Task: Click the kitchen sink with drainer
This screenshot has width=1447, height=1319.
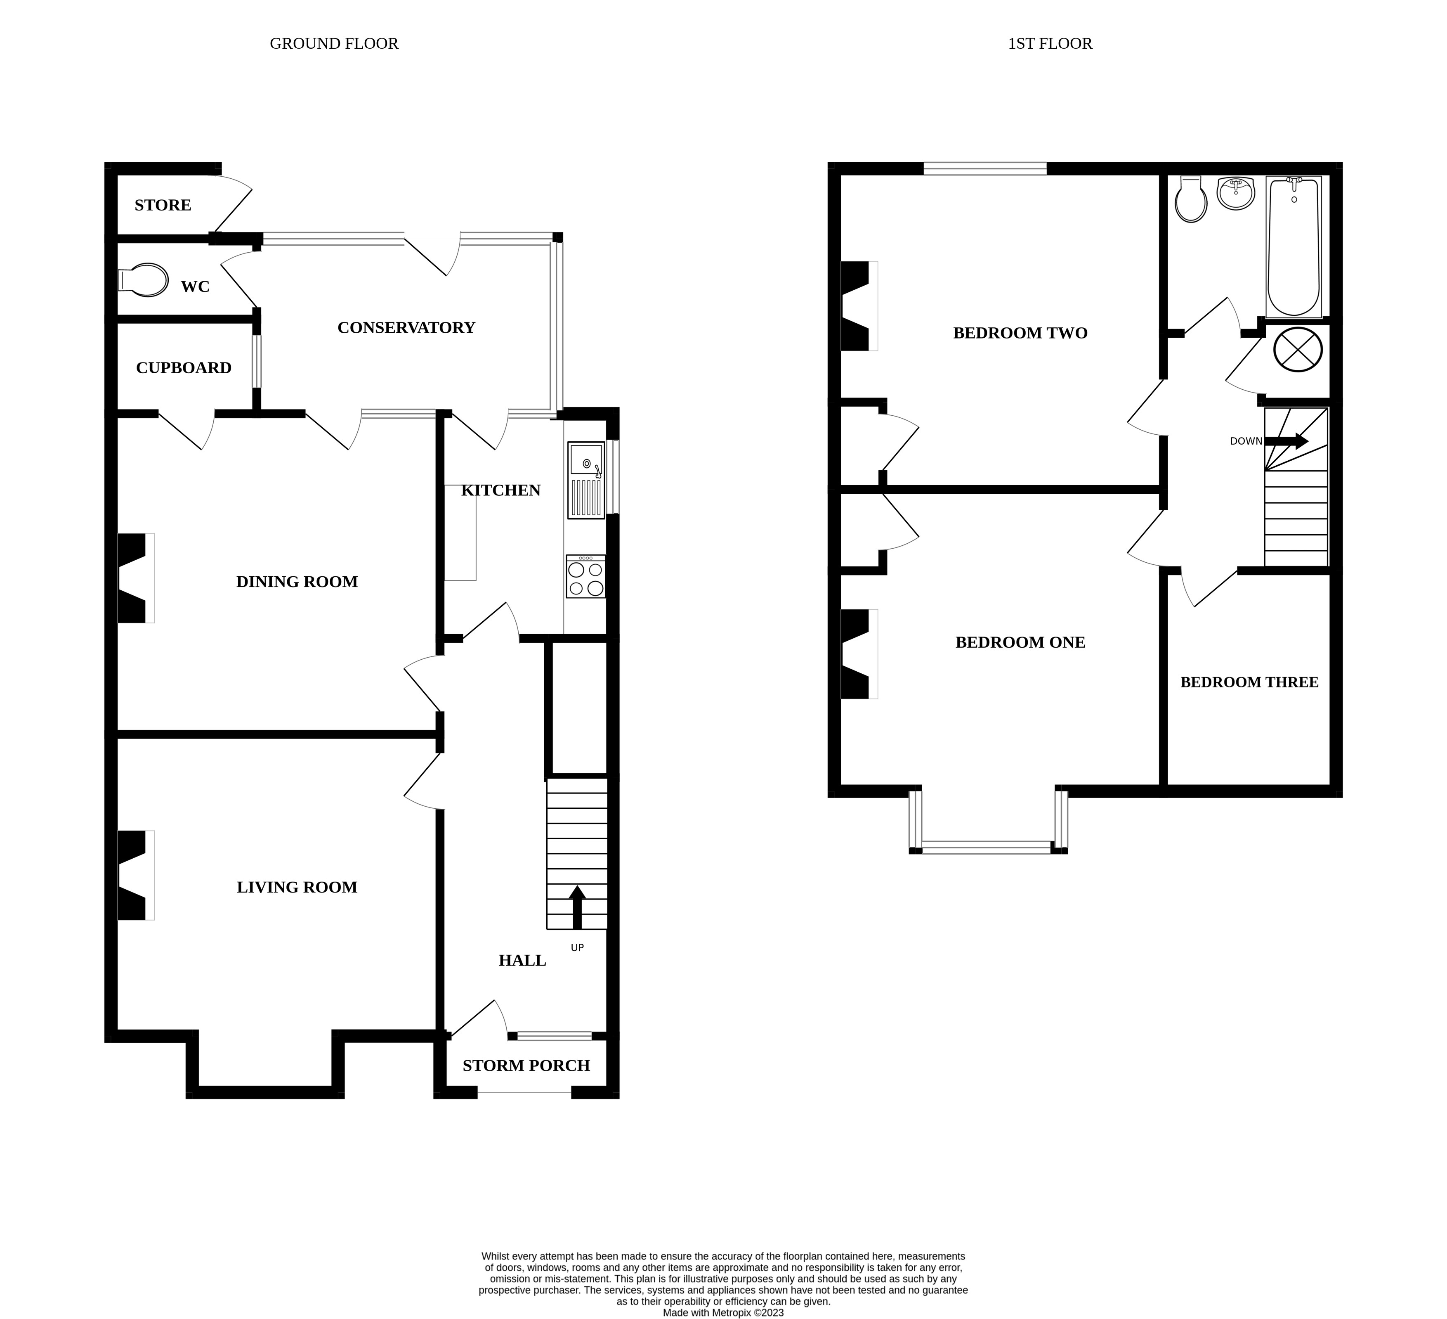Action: [586, 480]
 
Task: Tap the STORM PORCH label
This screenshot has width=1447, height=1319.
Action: [526, 1066]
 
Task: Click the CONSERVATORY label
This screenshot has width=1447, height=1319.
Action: [406, 327]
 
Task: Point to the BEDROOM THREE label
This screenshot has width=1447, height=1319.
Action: [1249, 682]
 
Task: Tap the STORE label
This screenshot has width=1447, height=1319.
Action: [163, 205]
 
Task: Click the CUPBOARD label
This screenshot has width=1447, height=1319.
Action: [184, 367]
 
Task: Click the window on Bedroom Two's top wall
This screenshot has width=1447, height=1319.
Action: [985, 169]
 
